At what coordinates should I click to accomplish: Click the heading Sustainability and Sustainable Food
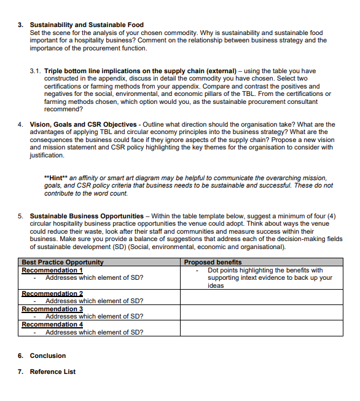tap(87, 25)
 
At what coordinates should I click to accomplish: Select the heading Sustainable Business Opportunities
tap(86, 216)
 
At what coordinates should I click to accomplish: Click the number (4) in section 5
tap(332, 216)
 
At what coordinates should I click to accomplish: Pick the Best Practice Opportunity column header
tap(63, 263)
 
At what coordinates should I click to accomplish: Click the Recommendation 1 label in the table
tap(52, 270)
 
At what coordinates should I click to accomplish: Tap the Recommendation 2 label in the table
tap(52, 293)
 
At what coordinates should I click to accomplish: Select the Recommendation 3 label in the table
tap(52, 309)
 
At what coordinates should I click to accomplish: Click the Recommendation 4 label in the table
tap(52, 324)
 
